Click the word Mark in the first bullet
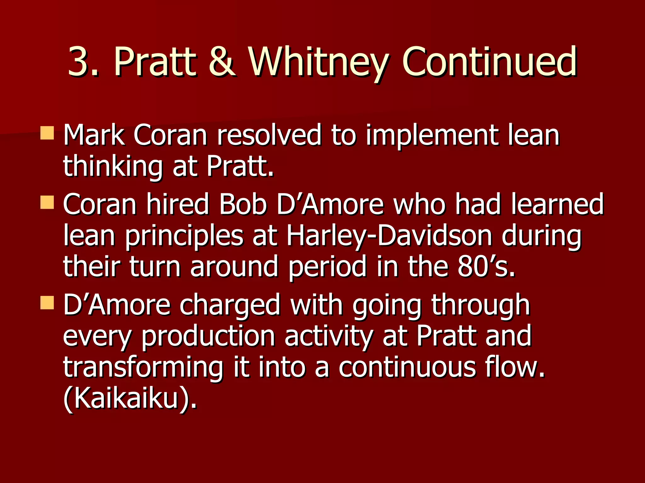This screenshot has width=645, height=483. pyautogui.click(x=94, y=135)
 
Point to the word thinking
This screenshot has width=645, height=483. pyautogui.click(x=113, y=167)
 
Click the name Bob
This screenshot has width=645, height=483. pyautogui.click(x=243, y=204)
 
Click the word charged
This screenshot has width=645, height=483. pyautogui.click(x=230, y=305)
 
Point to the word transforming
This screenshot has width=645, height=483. pyautogui.click(x=143, y=368)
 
